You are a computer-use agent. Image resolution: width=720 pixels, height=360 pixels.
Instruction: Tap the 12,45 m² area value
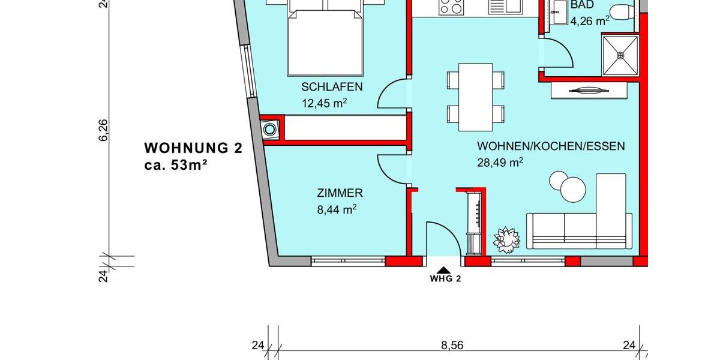[x=324, y=103]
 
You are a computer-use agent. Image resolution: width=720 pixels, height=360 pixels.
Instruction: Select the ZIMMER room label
[x=340, y=193]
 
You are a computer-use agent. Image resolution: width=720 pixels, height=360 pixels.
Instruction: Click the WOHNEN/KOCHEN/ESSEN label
[x=551, y=146]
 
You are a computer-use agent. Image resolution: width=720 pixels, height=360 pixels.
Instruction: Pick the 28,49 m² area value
[x=500, y=162]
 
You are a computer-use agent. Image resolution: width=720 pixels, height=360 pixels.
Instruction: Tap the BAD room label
[x=581, y=5]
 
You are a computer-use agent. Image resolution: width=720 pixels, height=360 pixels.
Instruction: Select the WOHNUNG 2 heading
[x=194, y=148]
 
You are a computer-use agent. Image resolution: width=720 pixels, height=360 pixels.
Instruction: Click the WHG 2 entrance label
[x=445, y=278]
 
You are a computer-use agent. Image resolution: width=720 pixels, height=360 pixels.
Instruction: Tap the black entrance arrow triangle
[x=443, y=269]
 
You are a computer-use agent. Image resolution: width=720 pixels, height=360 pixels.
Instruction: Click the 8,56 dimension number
[x=452, y=345]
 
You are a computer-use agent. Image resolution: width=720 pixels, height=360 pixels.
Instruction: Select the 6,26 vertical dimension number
[x=103, y=130]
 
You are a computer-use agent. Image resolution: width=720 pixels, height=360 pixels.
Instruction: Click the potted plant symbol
[x=506, y=238]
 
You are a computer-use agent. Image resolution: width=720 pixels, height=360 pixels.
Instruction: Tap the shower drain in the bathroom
[x=620, y=55]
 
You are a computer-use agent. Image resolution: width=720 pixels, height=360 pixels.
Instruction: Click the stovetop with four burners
[x=452, y=8]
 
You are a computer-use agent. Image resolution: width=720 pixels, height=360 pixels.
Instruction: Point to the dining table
[x=475, y=97]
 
